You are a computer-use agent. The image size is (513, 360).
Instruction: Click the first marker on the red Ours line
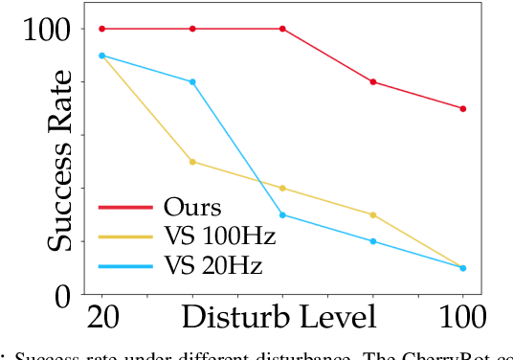click(x=101, y=29)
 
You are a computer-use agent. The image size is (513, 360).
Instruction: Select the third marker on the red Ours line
click(x=282, y=29)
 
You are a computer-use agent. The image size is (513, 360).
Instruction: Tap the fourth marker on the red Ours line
click(x=373, y=82)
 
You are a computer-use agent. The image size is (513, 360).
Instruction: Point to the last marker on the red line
click(x=463, y=108)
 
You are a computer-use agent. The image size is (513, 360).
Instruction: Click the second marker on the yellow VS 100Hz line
click(x=192, y=162)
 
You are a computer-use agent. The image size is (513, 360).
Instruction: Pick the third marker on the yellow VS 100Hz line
click(x=282, y=188)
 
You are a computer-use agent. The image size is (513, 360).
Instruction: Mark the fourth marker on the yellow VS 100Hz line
click(x=373, y=214)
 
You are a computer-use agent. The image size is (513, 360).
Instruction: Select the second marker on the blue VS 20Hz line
click(x=192, y=82)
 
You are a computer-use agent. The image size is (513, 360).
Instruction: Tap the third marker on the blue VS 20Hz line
click(x=282, y=214)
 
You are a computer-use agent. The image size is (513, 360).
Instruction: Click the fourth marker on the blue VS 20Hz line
click(x=373, y=241)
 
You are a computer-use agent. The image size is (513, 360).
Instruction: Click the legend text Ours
click(x=192, y=207)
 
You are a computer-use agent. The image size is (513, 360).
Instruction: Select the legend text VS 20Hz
click(x=212, y=262)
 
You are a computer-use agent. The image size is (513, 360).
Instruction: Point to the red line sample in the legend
click(x=124, y=207)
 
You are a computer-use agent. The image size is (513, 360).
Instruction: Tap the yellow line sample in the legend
click(x=124, y=235)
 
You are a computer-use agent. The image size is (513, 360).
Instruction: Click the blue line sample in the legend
click(x=124, y=262)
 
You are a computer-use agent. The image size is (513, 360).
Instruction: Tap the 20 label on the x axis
click(x=102, y=319)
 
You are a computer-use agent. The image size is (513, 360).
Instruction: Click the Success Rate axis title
click(x=61, y=160)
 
